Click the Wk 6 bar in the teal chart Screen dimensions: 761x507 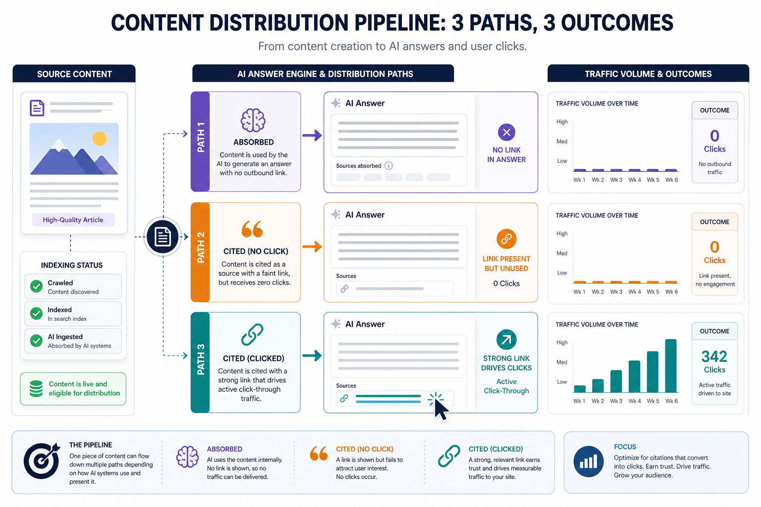coord(671,366)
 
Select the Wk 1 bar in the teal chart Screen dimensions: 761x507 coord(580,389)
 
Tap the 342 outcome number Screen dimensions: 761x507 coord(714,356)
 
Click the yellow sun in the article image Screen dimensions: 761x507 coord(99,139)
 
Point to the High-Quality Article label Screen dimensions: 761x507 coord(73,220)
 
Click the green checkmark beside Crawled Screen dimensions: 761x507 coord(36,286)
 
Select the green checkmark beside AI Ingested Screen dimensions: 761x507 coord(36,341)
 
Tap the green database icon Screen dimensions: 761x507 coord(36,389)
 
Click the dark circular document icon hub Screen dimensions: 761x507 coord(163,236)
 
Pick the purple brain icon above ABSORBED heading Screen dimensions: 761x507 coord(253,120)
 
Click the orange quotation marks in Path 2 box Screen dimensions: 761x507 coord(252,229)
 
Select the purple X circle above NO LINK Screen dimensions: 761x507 coord(506,132)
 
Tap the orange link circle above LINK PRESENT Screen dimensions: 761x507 coord(506,239)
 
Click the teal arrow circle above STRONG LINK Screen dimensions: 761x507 coord(506,339)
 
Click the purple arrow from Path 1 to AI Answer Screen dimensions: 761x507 coord(312,135)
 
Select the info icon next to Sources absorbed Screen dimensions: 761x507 coord(388,165)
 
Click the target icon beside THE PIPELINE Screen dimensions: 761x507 coord(42,460)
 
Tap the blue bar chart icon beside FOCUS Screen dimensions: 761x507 coord(589,461)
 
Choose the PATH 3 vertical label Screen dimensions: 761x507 coord(201,359)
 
